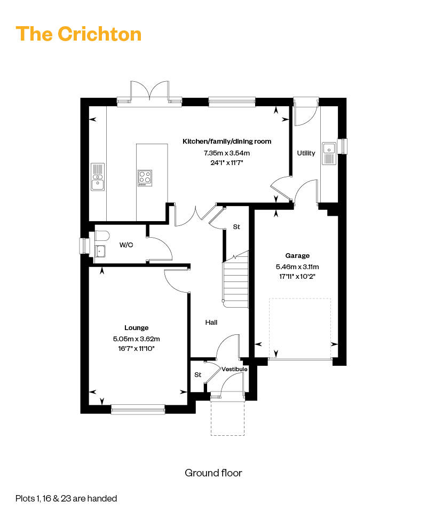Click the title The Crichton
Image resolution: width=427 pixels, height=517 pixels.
point(78,33)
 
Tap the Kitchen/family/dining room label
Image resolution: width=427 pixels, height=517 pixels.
point(227,142)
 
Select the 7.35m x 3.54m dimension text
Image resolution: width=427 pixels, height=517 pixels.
point(227,153)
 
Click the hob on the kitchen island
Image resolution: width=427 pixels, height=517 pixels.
point(145,177)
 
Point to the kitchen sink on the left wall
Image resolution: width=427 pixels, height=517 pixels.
point(97,177)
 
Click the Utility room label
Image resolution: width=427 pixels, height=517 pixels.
point(306,153)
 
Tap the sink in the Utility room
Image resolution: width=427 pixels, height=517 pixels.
point(328,153)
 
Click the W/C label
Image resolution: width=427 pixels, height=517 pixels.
point(126,245)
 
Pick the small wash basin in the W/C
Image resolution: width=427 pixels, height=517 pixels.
point(99,250)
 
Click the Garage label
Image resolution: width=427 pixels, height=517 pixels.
point(297,256)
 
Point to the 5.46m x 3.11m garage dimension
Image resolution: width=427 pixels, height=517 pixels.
point(297,267)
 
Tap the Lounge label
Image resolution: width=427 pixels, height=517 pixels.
point(137,328)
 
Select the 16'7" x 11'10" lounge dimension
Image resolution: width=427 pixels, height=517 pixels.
point(137,348)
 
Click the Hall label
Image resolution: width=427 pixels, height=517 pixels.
point(211,323)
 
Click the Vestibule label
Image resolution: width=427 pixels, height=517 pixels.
point(235,369)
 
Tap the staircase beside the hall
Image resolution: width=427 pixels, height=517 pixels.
point(235,280)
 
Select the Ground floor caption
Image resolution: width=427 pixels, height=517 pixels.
point(213,473)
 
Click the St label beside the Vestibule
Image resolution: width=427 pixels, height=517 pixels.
point(197,375)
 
